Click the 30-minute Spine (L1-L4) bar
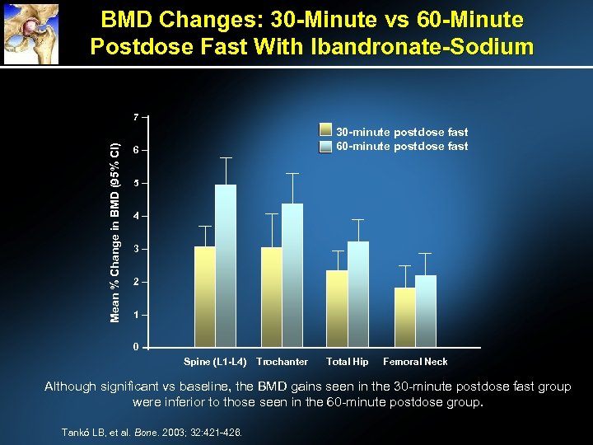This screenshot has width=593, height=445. click(x=205, y=297)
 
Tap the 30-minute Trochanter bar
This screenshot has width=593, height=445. click(x=272, y=297)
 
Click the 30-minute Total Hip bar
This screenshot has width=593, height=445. click(x=338, y=308)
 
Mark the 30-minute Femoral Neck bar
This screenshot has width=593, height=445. click(x=405, y=317)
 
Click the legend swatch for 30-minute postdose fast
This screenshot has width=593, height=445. click(x=325, y=132)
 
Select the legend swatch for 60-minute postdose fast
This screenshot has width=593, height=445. click(x=325, y=146)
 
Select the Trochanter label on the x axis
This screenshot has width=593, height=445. click(x=282, y=362)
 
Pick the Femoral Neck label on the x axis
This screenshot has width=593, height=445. click(x=415, y=362)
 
